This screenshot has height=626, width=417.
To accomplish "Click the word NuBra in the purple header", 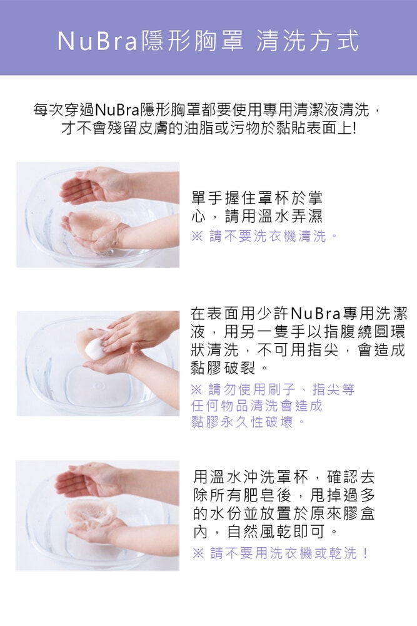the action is pos(98,41).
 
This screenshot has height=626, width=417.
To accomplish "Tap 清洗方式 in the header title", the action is pos(308,41).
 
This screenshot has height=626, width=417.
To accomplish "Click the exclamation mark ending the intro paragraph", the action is pos(354,128).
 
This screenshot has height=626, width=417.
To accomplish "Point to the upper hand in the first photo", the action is pos(96,186).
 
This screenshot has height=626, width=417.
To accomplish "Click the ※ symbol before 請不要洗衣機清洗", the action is pos(198,237).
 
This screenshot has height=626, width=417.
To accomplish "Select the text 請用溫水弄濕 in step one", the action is pos(274,217).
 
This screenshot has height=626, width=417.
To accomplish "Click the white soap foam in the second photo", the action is pos(95,348).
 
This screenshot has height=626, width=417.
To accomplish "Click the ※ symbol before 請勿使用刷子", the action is pos(196,389).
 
